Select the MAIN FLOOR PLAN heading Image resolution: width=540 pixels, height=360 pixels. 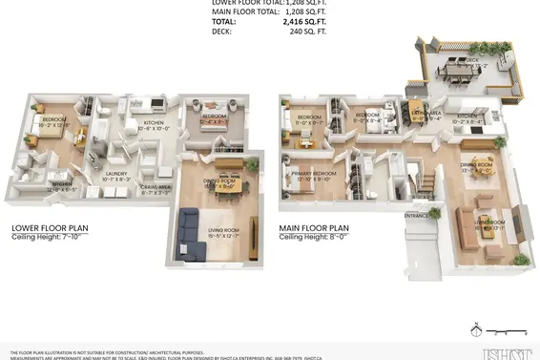314,228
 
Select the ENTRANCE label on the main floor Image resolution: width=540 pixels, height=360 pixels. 417,216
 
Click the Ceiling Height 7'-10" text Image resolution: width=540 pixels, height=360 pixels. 47,238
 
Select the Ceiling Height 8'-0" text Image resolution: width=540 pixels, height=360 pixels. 314,238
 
